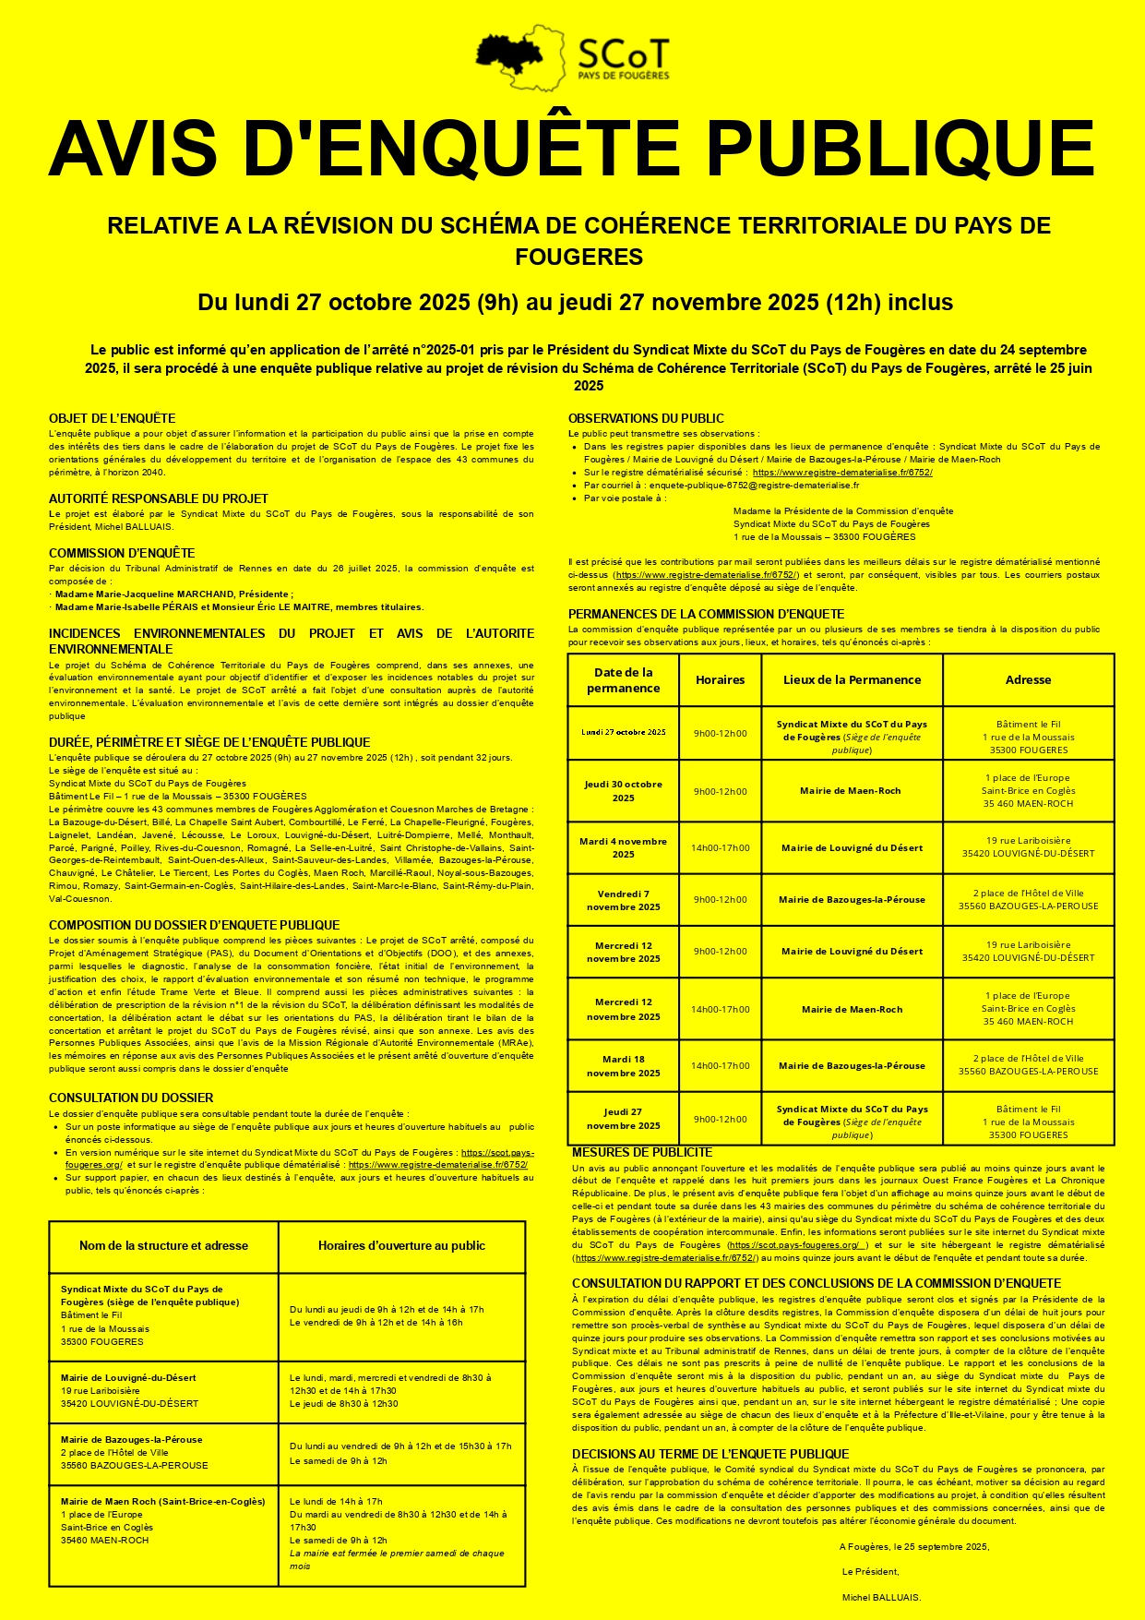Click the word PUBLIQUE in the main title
click(x=900, y=148)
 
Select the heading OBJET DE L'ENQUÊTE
click(x=112, y=418)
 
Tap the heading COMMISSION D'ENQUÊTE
click(x=122, y=553)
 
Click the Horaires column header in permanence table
click(x=720, y=680)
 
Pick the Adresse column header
click(x=1028, y=680)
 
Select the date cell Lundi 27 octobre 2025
click(x=624, y=733)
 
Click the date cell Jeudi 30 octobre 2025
click(x=624, y=791)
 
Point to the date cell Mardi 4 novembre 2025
click(x=624, y=847)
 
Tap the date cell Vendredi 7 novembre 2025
click(x=624, y=900)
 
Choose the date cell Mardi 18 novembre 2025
click(x=624, y=1066)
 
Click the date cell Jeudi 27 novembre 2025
click(x=624, y=1119)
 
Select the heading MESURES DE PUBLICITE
click(x=642, y=1152)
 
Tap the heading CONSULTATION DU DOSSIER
click(x=131, y=1098)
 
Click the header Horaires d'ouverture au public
click(x=401, y=1246)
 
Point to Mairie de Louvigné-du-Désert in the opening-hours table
click(x=128, y=1378)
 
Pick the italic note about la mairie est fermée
click(x=397, y=1559)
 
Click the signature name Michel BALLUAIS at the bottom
click(x=881, y=1597)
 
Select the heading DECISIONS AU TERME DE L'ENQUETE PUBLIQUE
click(x=710, y=1454)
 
